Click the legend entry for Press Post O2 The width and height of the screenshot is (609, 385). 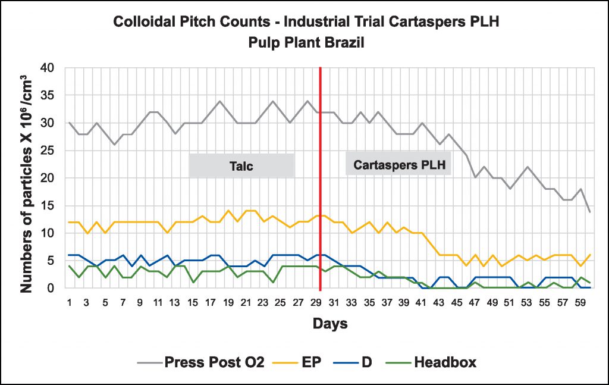point(203,362)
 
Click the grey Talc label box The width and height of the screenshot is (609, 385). point(241,165)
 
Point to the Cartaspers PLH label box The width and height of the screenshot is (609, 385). point(398,165)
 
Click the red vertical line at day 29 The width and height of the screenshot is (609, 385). point(321,179)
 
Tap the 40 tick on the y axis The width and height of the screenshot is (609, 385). point(48,68)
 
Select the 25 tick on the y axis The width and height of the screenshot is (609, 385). point(48,151)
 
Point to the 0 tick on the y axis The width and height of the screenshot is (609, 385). point(51,288)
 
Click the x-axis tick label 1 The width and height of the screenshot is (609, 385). point(70,302)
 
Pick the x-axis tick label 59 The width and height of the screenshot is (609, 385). point(580,302)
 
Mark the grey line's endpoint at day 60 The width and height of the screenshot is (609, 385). point(589,212)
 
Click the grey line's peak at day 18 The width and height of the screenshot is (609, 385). point(219,101)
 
